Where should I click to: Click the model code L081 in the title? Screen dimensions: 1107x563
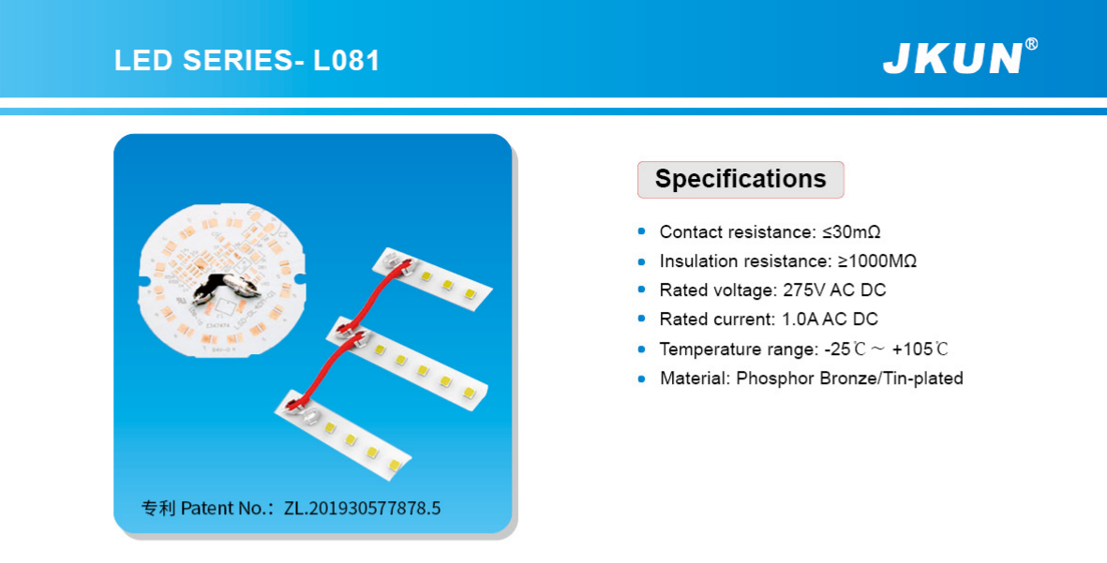pos(347,61)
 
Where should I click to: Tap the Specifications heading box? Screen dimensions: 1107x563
pos(740,179)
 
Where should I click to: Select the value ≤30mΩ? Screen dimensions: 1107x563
pos(851,232)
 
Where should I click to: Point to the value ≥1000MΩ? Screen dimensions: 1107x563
pos(876,261)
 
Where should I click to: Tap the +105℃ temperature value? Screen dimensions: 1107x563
pos(920,348)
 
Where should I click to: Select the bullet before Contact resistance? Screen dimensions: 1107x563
pos(642,231)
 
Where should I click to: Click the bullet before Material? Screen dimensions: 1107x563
pos(642,378)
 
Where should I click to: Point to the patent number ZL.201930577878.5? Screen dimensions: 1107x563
pos(362,508)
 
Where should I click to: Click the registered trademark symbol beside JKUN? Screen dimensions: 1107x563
pos(1031,44)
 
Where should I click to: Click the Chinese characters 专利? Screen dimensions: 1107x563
pos(158,508)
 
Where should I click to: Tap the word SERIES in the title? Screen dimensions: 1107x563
pos(236,61)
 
